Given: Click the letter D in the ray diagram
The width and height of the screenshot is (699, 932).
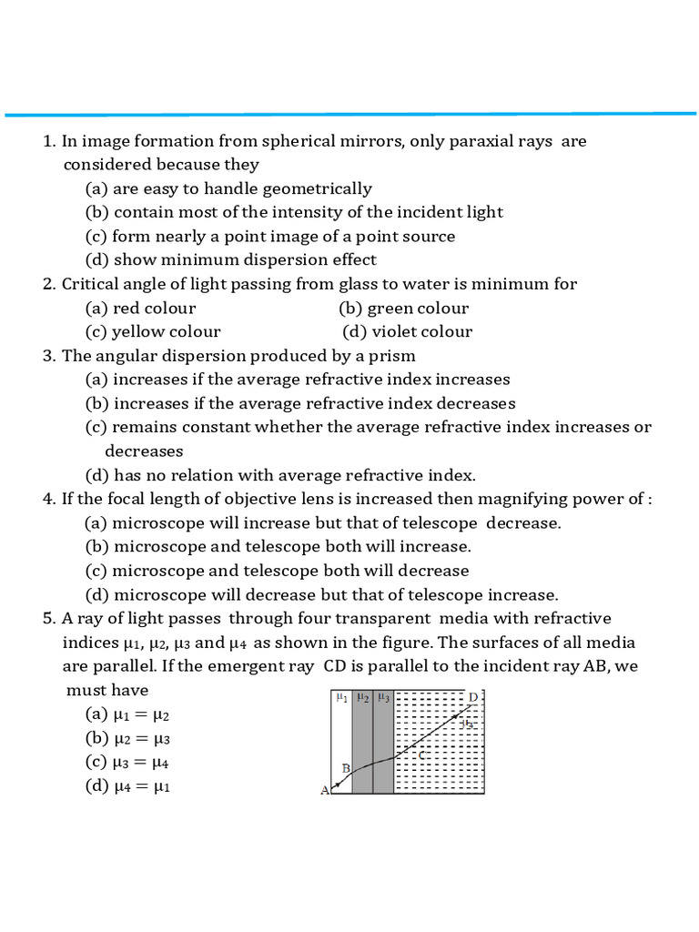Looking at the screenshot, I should pos(473,697).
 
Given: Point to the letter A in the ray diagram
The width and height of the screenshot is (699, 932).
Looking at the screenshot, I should pos(325,790).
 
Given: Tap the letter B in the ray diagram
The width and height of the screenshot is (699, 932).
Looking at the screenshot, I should pos(346,768).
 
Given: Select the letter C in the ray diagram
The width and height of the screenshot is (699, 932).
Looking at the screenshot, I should pos(420,755).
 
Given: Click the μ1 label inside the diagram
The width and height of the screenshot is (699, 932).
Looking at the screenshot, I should pos(341,698).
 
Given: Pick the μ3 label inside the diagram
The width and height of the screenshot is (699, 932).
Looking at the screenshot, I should pos(383,698).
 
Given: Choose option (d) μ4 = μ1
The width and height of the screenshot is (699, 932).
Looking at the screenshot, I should pos(128,786).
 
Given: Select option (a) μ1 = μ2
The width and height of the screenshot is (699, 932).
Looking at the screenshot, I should pos(128,714).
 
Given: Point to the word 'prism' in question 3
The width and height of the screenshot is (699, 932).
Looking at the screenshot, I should pos(392,355).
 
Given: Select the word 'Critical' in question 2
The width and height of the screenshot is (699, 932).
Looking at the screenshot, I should pos(92,284).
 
